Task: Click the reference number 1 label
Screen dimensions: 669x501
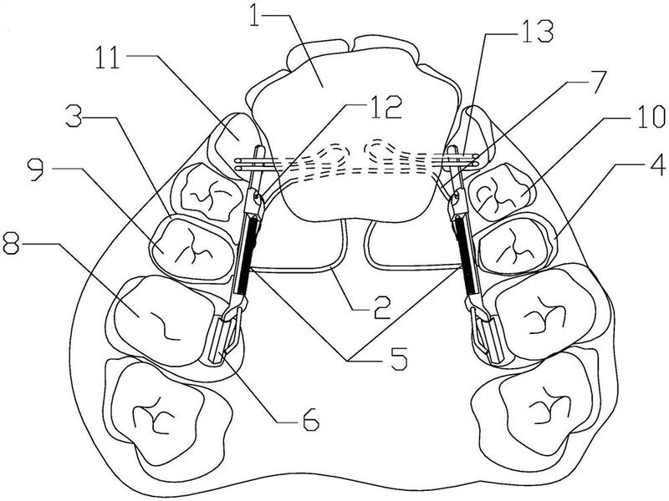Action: coord(254,14)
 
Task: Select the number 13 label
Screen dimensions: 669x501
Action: coord(538,31)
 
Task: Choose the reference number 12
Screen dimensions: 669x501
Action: coord(386,107)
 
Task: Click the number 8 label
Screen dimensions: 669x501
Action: coord(11,242)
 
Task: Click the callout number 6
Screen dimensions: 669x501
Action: coord(309,419)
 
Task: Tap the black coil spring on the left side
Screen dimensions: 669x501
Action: coord(248,255)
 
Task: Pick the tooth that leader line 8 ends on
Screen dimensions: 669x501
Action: coord(161,321)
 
